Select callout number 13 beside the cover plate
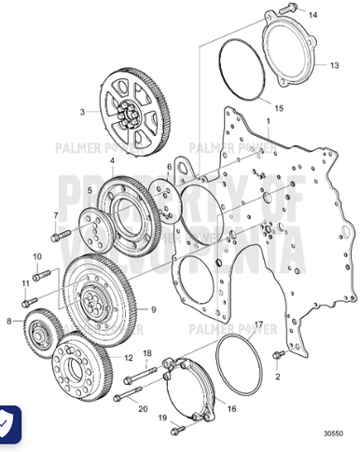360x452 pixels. click(x=334, y=66)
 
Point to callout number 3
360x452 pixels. click(x=82, y=111)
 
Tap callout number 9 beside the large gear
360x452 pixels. click(x=153, y=309)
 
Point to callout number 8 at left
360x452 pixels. click(x=9, y=322)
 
